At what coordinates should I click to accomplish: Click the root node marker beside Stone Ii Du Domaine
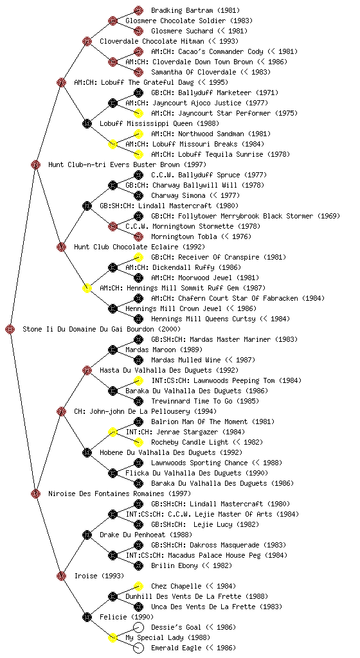click(x=10, y=329)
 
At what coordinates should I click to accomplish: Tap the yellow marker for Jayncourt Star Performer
click(x=138, y=113)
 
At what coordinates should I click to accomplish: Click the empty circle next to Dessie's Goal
click(x=138, y=627)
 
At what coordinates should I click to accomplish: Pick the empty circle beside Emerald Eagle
click(x=138, y=648)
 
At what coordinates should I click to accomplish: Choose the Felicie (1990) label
click(x=126, y=617)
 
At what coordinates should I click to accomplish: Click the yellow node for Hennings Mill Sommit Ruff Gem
click(x=87, y=288)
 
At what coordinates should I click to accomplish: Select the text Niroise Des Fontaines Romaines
click(x=106, y=493)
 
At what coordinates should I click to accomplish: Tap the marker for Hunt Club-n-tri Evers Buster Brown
click(x=35, y=164)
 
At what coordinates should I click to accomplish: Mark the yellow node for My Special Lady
click(x=113, y=637)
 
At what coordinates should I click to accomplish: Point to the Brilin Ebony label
click(x=174, y=565)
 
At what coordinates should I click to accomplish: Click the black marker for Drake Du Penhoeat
click(x=87, y=535)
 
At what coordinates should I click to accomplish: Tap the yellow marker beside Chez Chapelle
click(x=138, y=586)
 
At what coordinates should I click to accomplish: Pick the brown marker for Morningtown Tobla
click(x=138, y=236)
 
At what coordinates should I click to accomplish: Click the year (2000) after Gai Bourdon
click(x=168, y=329)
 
